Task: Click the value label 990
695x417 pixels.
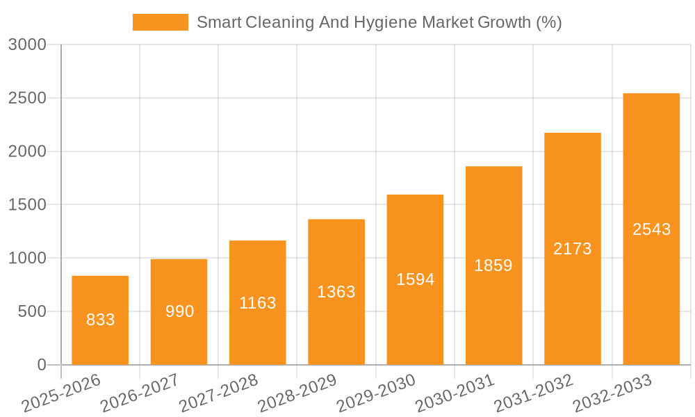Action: coord(179,311)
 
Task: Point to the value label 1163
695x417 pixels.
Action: coord(258,303)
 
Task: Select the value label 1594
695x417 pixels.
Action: coord(415,279)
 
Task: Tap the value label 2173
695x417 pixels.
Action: coord(573,249)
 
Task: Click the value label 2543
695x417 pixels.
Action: coord(651,229)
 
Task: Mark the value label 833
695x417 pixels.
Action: coord(100,320)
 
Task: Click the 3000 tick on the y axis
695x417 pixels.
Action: coord(27,45)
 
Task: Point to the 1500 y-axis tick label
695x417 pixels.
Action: coord(27,205)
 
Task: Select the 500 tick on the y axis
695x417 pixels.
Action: coord(32,311)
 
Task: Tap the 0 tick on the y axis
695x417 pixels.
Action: coord(41,365)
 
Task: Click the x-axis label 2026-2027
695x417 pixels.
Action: coord(139,393)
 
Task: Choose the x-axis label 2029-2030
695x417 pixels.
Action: coord(376,393)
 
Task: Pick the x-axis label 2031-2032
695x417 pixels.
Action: coord(534,393)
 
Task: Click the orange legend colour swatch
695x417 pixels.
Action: coord(161,23)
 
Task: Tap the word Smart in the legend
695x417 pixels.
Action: coord(218,23)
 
